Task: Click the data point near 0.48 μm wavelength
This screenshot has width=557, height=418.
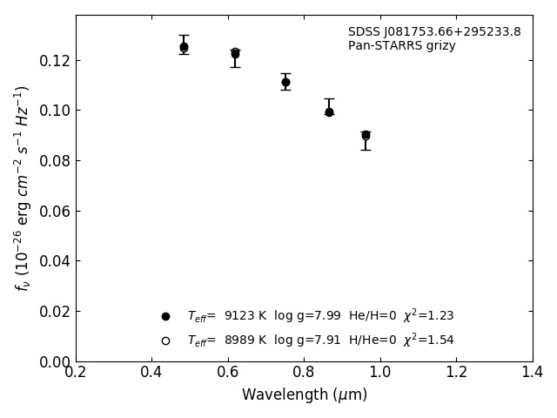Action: pyautogui.click(x=184, y=47)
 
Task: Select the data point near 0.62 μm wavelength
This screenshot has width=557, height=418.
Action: pyautogui.click(x=235, y=54)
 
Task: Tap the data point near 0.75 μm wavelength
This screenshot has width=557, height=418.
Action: pyautogui.click(x=285, y=82)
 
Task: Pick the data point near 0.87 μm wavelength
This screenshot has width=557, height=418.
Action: pyautogui.click(x=329, y=111)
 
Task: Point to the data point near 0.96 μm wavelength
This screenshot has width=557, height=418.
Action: pyautogui.click(x=366, y=135)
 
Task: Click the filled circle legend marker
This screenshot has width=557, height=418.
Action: pyautogui.click(x=165, y=316)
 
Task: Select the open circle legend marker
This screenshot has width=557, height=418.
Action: pyautogui.click(x=165, y=340)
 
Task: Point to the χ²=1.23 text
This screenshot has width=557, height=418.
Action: pyautogui.click(x=428, y=315)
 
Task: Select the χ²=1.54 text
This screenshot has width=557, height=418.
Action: pyautogui.click(x=428, y=340)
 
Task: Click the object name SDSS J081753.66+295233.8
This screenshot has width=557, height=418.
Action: pyautogui.click(x=434, y=32)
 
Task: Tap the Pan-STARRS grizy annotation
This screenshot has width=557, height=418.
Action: pyautogui.click(x=401, y=46)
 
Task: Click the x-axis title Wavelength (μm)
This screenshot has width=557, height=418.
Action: pyautogui.click(x=304, y=395)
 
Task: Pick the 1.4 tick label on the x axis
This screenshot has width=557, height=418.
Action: pyautogui.click(x=532, y=372)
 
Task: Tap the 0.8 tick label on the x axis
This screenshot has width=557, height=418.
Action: pyautogui.click(x=304, y=372)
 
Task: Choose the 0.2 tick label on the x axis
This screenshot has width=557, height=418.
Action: pyautogui.click(x=76, y=372)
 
